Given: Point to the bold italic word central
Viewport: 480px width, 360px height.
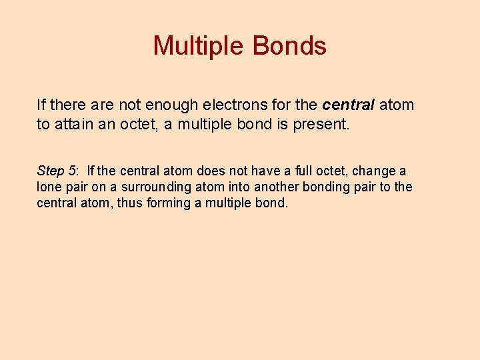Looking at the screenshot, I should [x=349, y=105].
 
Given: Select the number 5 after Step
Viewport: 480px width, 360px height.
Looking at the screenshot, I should [x=72, y=171].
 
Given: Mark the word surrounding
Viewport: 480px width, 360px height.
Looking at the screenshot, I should [x=155, y=187].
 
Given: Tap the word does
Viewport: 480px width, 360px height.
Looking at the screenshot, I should [x=211, y=171].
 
